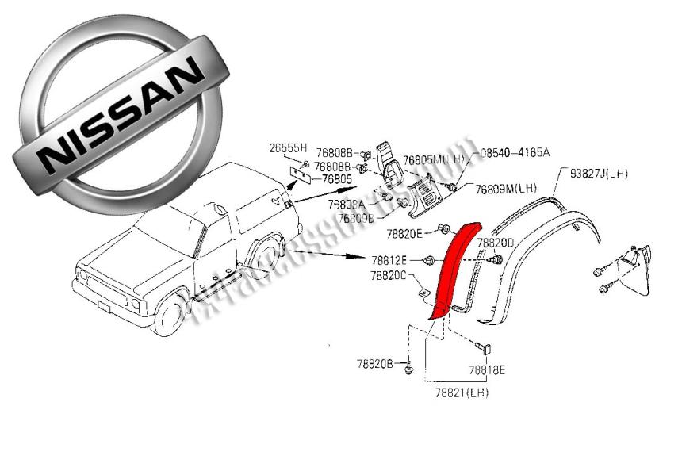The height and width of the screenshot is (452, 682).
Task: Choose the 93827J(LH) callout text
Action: [596, 173]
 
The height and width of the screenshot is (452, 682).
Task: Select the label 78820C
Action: [388, 276]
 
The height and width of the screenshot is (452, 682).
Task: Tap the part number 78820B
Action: [375, 363]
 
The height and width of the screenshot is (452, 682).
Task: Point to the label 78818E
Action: [486, 370]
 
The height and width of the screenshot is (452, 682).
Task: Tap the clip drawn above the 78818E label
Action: [483, 347]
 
